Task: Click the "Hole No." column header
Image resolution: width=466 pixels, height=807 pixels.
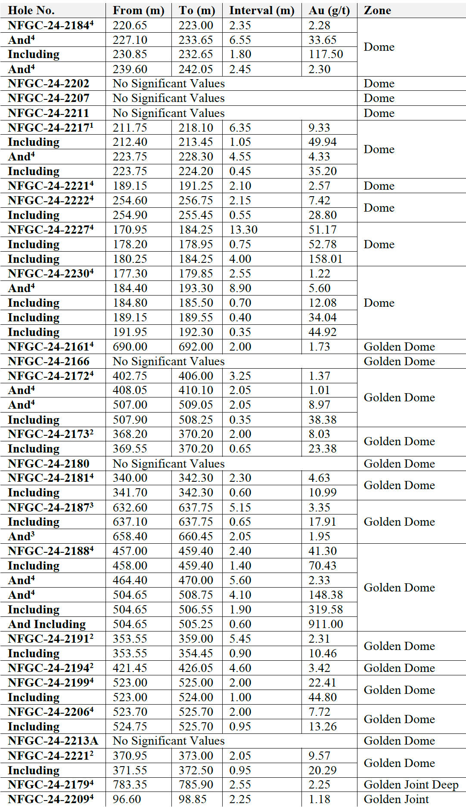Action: click(31, 10)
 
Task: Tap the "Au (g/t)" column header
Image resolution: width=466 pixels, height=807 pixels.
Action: click(329, 10)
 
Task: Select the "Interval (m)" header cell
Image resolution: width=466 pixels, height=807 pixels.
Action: click(261, 10)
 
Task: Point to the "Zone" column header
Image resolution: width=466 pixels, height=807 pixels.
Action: click(377, 10)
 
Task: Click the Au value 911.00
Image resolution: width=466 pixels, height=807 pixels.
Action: click(326, 624)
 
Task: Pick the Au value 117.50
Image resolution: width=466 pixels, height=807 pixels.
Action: click(326, 54)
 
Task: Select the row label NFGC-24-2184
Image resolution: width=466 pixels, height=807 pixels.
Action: click(50, 25)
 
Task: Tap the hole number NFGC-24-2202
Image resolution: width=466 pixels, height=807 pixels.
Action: click(48, 83)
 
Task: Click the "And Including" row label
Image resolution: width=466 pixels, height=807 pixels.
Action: click(47, 624)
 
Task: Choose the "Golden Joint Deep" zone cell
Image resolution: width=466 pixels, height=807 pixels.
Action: click(411, 785)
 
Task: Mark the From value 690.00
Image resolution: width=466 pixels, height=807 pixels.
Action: click(130, 347)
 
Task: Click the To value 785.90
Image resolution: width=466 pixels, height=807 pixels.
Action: click(196, 785)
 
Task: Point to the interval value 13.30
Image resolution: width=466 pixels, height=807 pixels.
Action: click(243, 230)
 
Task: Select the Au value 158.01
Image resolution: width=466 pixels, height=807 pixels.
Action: click(325, 259)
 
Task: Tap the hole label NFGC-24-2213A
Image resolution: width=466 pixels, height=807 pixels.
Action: click(53, 741)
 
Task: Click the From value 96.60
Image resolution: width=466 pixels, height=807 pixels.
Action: click(127, 799)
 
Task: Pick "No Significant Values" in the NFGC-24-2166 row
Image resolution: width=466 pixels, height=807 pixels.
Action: click(168, 361)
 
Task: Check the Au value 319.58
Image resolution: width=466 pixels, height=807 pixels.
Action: click(326, 610)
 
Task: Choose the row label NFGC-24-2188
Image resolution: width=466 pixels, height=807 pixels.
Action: click(50, 551)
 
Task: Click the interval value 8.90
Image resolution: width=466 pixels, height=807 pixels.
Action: click(240, 288)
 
